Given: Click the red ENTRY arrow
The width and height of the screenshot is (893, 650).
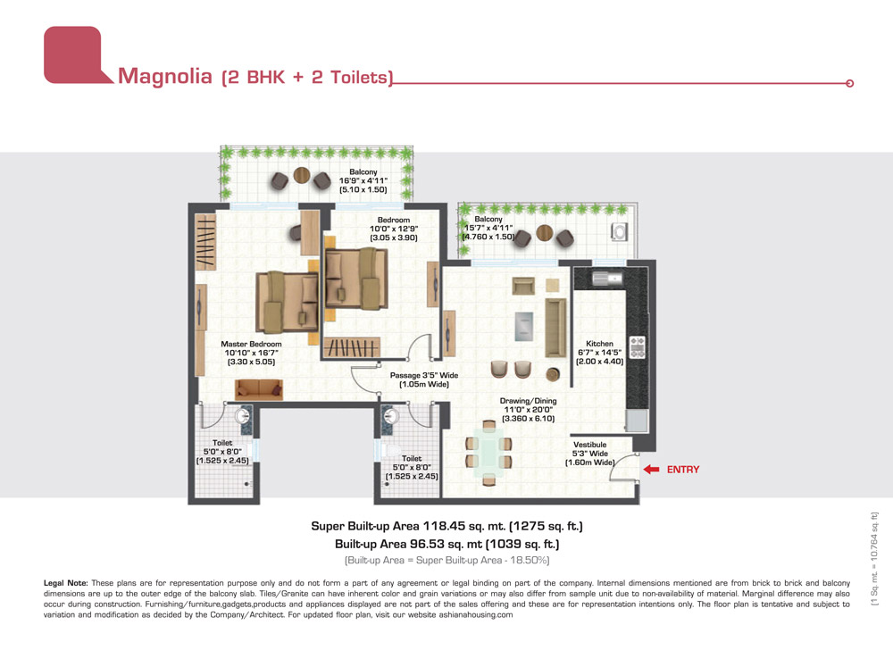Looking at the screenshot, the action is (x=651, y=470).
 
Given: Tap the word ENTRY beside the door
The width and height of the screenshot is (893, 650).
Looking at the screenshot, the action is (x=683, y=470).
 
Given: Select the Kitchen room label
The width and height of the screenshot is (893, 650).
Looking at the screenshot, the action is (x=600, y=344).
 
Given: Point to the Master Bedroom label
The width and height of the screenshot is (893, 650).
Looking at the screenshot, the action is (x=251, y=344).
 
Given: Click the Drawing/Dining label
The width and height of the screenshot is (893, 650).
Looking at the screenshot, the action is (x=528, y=401).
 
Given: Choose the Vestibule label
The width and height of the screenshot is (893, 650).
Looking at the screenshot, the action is (x=590, y=445).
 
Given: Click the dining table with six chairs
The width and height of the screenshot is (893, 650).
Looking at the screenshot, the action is (x=488, y=453).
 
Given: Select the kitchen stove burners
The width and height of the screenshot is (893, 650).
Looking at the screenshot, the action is (x=638, y=347).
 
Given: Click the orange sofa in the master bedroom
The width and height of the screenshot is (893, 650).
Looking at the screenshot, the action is (x=259, y=389).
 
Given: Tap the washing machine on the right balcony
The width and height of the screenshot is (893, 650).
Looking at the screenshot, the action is (x=620, y=231).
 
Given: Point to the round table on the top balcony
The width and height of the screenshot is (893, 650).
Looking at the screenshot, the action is (x=302, y=175).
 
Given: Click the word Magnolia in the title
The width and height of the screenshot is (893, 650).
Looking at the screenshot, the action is (x=164, y=76).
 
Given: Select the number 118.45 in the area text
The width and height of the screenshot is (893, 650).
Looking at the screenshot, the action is (x=444, y=526).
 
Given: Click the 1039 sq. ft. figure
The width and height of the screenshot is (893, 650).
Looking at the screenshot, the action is (x=522, y=544).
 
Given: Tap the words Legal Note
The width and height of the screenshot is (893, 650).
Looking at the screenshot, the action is (x=66, y=583).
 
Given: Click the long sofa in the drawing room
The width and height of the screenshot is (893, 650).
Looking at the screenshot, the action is (x=555, y=327).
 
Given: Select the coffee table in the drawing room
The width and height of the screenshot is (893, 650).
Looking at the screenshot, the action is (x=524, y=327).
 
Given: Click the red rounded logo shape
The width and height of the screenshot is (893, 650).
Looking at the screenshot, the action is (x=73, y=55).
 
